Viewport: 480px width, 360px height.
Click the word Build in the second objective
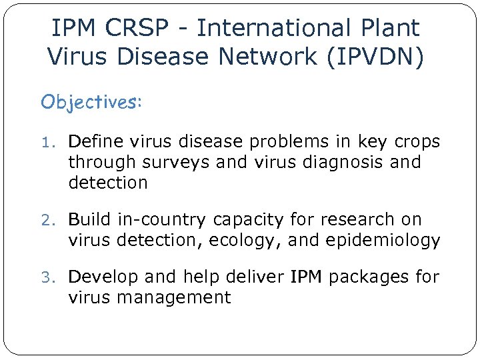(91, 219)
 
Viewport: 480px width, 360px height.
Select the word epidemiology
(383, 241)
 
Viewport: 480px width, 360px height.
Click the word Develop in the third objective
(102, 277)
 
